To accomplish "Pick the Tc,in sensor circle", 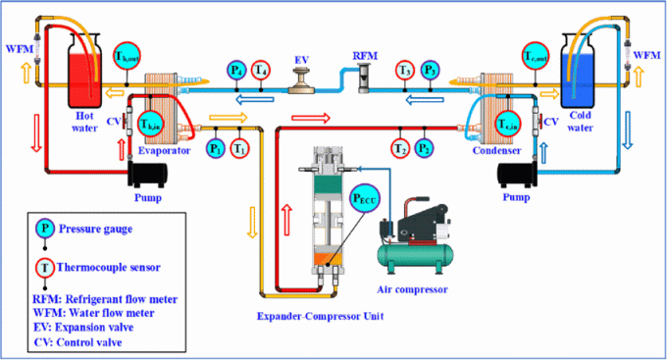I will [x=507, y=124].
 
